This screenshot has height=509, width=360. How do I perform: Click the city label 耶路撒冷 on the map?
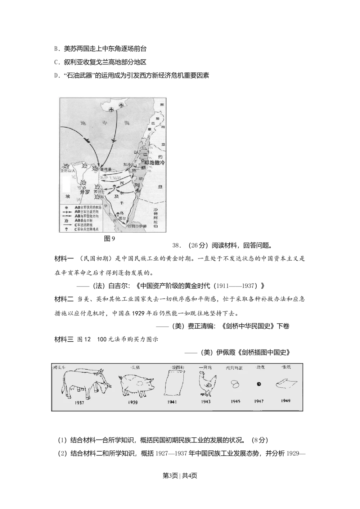click(x=152, y=163)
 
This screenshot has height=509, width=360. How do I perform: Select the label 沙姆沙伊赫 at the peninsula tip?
click(x=135, y=226)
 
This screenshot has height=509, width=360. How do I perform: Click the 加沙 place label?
click(x=127, y=164)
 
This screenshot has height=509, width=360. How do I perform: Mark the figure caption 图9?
click(x=109, y=239)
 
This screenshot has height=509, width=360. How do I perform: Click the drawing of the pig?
click(x=136, y=385)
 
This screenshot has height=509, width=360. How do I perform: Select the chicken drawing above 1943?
click(x=207, y=384)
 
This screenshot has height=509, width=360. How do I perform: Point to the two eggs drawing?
click(x=235, y=384)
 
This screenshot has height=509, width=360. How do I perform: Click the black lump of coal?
click(x=258, y=384)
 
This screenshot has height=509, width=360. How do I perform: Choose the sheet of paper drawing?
click(x=287, y=384)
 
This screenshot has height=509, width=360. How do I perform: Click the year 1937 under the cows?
click(x=80, y=402)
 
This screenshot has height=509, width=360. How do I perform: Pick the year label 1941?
click(x=172, y=402)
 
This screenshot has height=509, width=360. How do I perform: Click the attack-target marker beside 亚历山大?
click(x=66, y=166)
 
